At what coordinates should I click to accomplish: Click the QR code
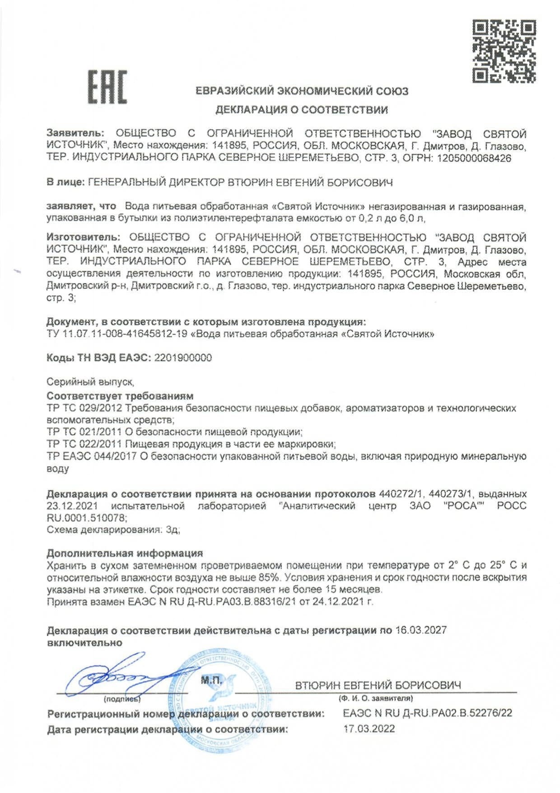tap(504, 51)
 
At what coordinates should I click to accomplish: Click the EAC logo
tap(107, 87)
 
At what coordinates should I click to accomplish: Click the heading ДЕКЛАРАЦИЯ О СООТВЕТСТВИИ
tap(301, 110)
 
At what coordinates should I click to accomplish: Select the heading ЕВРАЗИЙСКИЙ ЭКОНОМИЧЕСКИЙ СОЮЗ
tap(302, 91)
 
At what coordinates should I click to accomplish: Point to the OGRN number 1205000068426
tap(474, 159)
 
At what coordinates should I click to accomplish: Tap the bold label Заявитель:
tap(75, 134)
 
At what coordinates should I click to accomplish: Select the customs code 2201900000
tap(183, 358)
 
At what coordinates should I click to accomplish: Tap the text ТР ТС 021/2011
tap(84, 432)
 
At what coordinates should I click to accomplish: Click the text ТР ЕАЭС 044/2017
tap(91, 456)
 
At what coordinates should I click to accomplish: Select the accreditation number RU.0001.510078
tap(87, 518)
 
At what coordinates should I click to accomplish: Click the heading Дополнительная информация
tap(125, 554)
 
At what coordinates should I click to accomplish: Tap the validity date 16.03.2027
tap(421, 630)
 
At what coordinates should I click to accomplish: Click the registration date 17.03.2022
tap(369, 728)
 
